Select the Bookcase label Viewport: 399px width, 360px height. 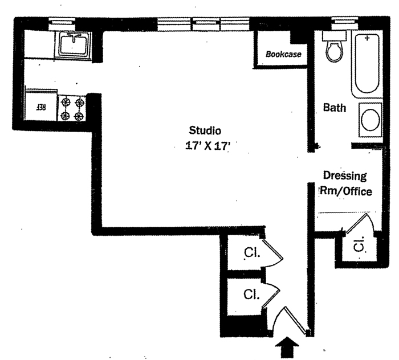coord(283,55)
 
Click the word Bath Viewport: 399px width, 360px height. coord(335,108)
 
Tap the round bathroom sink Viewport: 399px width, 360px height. coord(372,120)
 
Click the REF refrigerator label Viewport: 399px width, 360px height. coord(41,107)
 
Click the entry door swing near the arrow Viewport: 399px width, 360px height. coord(291,319)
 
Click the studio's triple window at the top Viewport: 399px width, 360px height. coord(205,24)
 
